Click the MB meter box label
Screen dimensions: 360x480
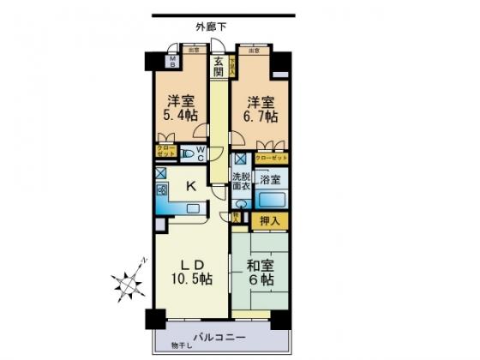171,61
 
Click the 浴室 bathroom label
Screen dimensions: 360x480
271,181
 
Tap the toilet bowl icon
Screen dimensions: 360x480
187,155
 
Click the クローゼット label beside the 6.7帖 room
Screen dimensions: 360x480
271,159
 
